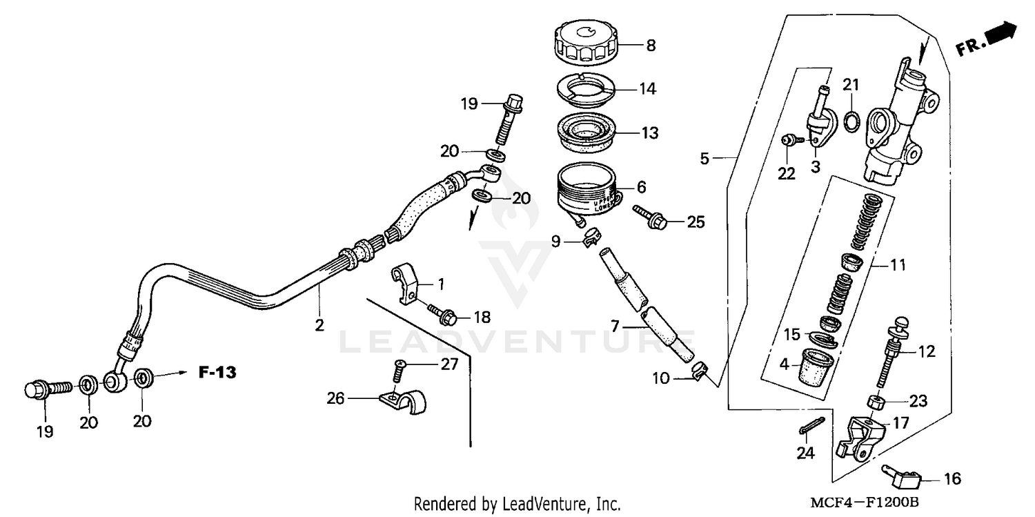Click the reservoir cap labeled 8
(x=586, y=43)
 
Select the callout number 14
(x=647, y=89)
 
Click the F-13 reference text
(x=217, y=373)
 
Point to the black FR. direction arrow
(x=1003, y=33)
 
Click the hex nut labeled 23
(x=874, y=402)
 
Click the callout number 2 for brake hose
(x=319, y=325)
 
